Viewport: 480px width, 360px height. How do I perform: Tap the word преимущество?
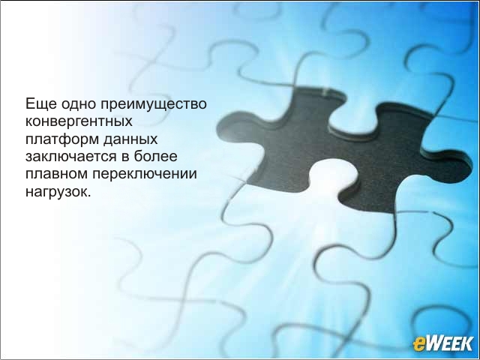click(x=154, y=104)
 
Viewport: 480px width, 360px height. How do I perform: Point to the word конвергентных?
click(x=79, y=121)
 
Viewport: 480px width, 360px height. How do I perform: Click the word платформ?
click(x=62, y=139)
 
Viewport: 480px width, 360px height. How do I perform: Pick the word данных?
click(x=130, y=139)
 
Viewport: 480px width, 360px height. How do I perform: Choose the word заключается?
click(x=71, y=157)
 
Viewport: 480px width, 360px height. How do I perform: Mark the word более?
click(x=155, y=156)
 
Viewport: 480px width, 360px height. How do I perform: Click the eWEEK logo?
click(x=443, y=343)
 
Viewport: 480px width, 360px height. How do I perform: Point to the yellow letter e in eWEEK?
click(x=418, y=344)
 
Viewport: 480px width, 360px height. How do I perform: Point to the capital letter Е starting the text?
click(x=30, y=103)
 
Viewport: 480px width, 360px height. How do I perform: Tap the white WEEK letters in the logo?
click(x=449, y=343)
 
